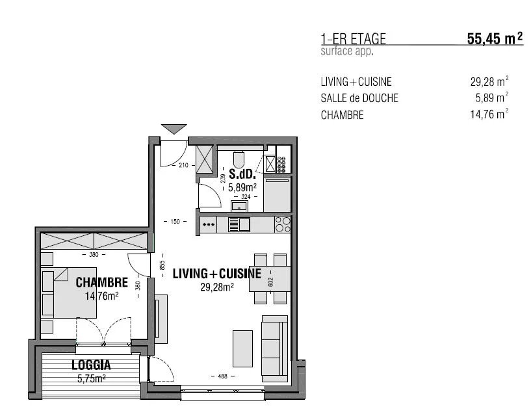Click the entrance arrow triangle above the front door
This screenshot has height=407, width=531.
174,129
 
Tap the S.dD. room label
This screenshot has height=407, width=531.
242,174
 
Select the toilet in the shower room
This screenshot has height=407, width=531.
239,159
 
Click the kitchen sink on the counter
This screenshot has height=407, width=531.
239,224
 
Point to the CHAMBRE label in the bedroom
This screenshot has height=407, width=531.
101,282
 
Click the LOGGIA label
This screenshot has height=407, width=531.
91,365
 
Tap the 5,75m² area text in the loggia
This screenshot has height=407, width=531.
92,378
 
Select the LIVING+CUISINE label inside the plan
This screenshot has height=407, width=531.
217,274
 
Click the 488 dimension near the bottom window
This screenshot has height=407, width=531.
222,376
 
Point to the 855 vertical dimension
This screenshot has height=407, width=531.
162,265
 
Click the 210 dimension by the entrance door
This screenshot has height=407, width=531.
183,165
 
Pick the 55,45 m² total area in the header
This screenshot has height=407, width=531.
495,38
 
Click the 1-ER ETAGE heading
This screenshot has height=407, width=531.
353,38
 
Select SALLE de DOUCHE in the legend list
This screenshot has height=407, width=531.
359,98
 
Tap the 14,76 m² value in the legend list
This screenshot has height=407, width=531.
489,114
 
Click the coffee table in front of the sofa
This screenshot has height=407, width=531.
242,348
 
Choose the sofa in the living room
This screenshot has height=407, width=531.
275,349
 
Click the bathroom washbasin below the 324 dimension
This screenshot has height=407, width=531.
239,205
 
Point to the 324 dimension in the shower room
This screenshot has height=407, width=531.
246,196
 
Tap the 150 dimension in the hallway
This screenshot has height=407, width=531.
175,222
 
